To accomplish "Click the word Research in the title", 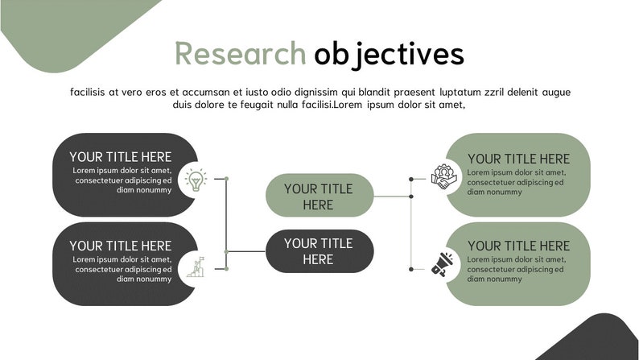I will click(x=240, y=54).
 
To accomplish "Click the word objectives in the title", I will click(x=389, y=54).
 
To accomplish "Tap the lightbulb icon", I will click(x=195, y=179).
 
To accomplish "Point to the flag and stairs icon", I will click(x=196, y=267).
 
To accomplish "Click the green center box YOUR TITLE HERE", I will click(x=319, y=197).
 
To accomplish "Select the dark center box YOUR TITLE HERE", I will click(x=319, y=251).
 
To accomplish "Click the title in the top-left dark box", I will click(x=120, y=157).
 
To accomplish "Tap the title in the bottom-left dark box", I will click(x=120, y=246).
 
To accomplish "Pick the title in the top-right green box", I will click(x=518, y=159).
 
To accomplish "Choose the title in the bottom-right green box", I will click(x=518, y=246).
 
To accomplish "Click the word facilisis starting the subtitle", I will click(x=88, y=92).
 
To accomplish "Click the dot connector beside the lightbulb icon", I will click(x=226, y=179).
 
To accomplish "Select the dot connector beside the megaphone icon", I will click(x=411, y=269).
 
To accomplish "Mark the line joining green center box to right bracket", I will click(x=393, y=196).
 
